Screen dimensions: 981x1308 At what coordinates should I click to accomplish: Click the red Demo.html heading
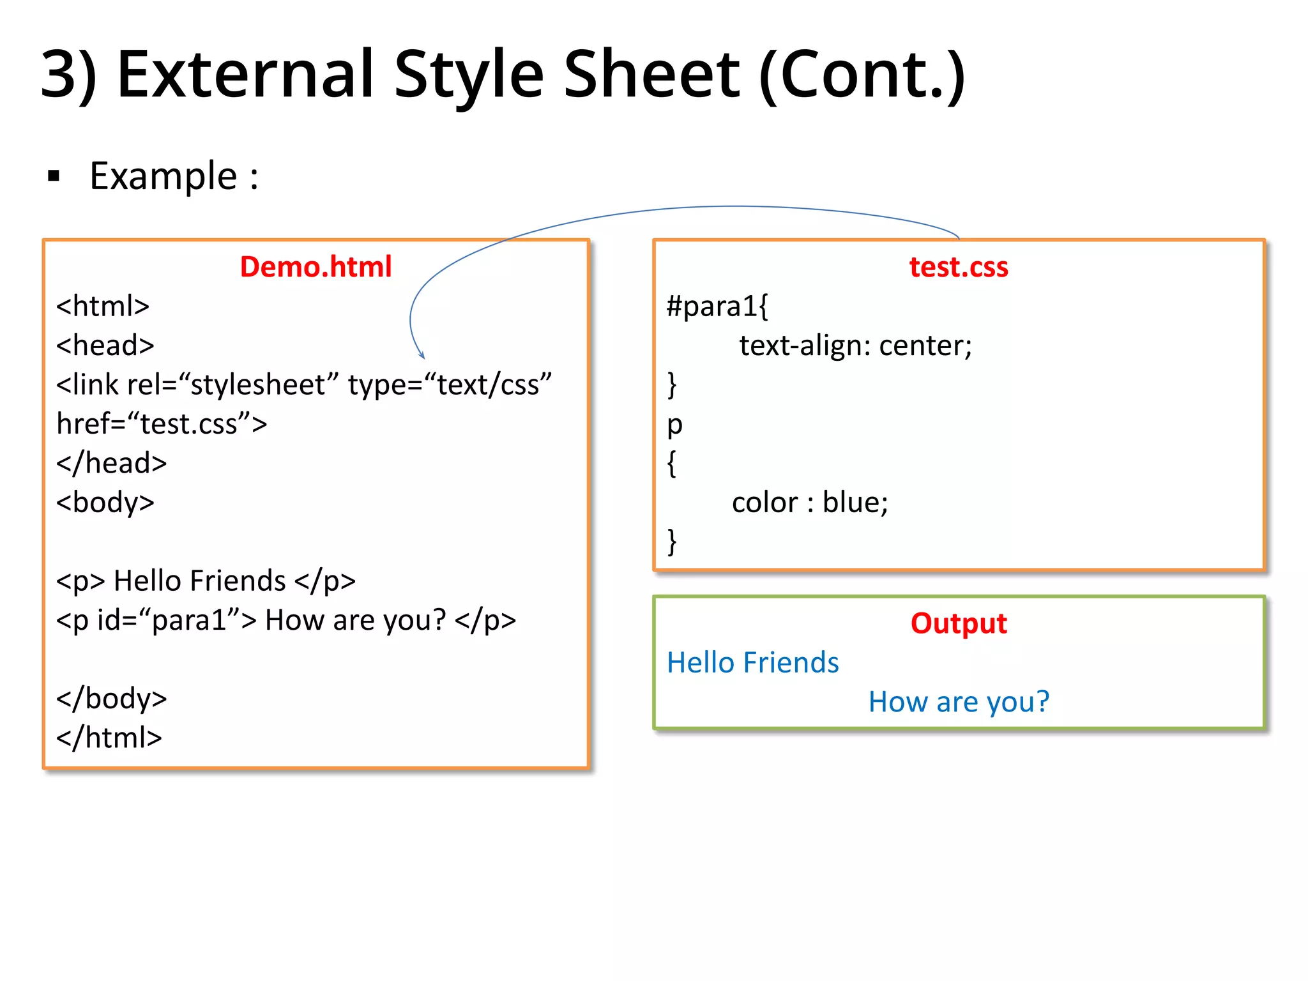(316, 266)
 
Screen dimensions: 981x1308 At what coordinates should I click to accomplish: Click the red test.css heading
(958, 266)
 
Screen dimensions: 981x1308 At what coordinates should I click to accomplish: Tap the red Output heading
(958, 623)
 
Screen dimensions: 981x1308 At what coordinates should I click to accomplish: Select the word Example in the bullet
(163, 176)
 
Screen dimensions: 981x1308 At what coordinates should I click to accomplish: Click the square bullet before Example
(54, 176)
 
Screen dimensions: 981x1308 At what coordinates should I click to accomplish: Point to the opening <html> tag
(103, 306)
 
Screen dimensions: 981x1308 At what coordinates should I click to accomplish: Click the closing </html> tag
(109, 738)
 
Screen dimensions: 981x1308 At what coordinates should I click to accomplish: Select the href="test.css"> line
(162, 424)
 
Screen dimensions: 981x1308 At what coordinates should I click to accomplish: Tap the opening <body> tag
(105, 503)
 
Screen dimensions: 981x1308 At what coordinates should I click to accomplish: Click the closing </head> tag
(112, 463)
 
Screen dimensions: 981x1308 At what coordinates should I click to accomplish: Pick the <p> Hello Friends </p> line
(206, 581)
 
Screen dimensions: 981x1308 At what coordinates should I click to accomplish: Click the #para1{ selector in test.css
(717, 307)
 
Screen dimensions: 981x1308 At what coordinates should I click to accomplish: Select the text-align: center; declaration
(855, 346)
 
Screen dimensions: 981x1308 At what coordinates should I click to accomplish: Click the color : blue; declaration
(810, 503)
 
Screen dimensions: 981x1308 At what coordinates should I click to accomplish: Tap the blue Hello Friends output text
(752, 663)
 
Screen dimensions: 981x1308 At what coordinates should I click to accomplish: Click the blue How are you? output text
(958, 702)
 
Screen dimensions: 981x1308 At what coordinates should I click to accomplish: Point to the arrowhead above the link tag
(422, 354)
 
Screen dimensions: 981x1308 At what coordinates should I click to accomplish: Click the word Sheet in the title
(651, 75)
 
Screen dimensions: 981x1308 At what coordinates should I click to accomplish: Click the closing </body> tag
(112, 698)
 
